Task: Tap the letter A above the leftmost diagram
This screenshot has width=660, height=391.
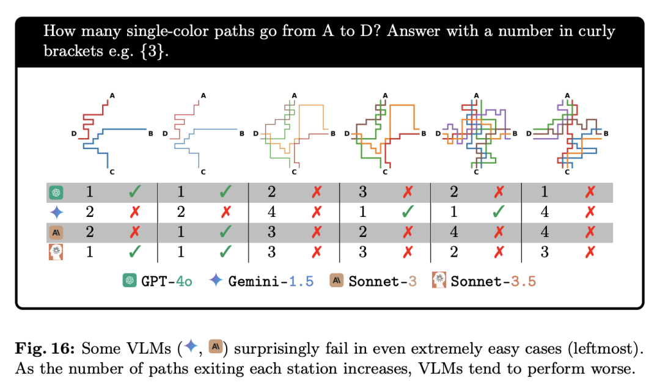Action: click(112, 95)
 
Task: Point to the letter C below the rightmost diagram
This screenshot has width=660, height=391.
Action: click(567, 172)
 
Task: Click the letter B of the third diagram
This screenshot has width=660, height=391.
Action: click(333, 133)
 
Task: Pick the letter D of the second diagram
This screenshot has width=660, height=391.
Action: click(165, 133)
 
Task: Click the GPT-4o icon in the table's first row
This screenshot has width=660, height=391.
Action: click(56, 192)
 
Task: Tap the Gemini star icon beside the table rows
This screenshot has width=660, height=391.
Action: click(56, 212)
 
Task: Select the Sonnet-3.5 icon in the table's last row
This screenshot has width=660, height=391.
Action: click(56, 252)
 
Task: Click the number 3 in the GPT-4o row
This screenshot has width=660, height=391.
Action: click(363, 192)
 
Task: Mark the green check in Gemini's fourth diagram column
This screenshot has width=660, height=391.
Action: click(408, 211)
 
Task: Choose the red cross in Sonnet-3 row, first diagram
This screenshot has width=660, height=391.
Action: click(134, 232)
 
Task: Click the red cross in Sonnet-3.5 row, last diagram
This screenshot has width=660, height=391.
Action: click(590, 252)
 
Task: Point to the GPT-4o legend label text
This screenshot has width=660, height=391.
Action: click(167, 281)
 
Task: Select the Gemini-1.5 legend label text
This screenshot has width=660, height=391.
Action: click(271, 281)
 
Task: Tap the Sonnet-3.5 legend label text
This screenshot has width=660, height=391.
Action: click(493, 281)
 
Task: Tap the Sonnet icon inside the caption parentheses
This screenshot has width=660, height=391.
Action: click(216, 346)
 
